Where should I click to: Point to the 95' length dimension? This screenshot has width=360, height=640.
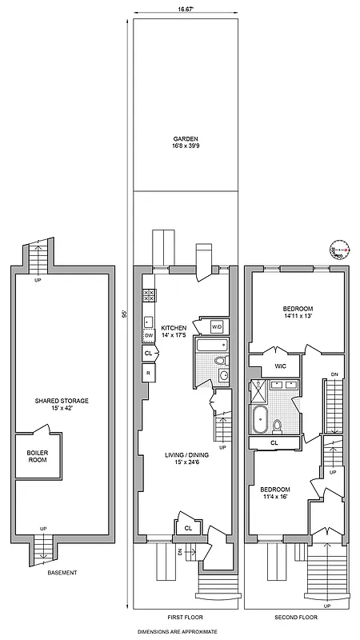coord(125,314)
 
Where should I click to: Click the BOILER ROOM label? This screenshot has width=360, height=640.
coord(38,457)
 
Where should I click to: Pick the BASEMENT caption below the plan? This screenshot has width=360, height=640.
coord(62,573)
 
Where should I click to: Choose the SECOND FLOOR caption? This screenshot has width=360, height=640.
coord(296,618)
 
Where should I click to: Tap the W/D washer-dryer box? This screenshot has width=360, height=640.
coord(217,327)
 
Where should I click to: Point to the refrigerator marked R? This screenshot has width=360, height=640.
coord(149,372)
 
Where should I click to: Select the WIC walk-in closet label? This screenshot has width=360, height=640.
coord(281,366)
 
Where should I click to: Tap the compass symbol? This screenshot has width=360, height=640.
coord(338,250)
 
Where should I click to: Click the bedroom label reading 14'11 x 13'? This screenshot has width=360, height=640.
coord(297,312)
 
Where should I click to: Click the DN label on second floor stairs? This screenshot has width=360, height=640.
coord(335,374)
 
